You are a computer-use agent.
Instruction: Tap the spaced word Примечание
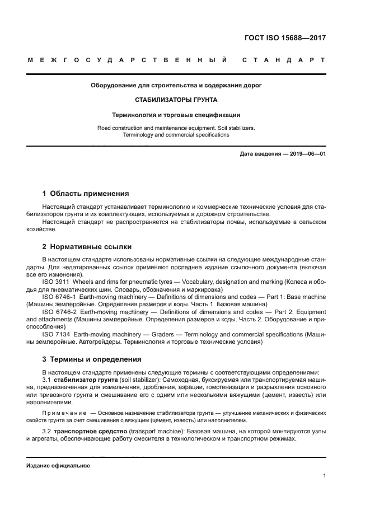pyautogui.click(x=64, y=413)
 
